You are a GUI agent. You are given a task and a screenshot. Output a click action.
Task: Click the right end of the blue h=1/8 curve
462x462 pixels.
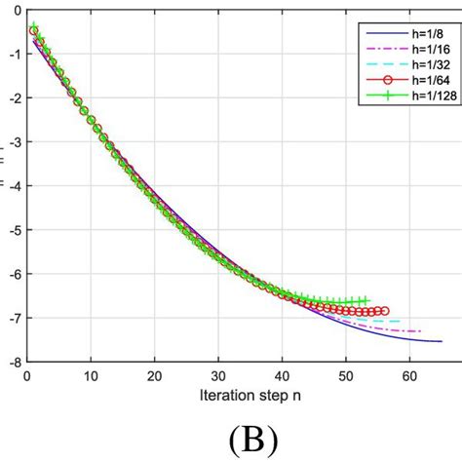[441, 341]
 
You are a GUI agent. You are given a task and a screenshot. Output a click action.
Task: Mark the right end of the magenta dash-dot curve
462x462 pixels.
[421, 331]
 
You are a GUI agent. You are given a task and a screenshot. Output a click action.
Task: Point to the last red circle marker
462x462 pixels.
[384, 311]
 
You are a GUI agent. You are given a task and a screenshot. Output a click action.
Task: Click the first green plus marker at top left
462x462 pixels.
[33, 26]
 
